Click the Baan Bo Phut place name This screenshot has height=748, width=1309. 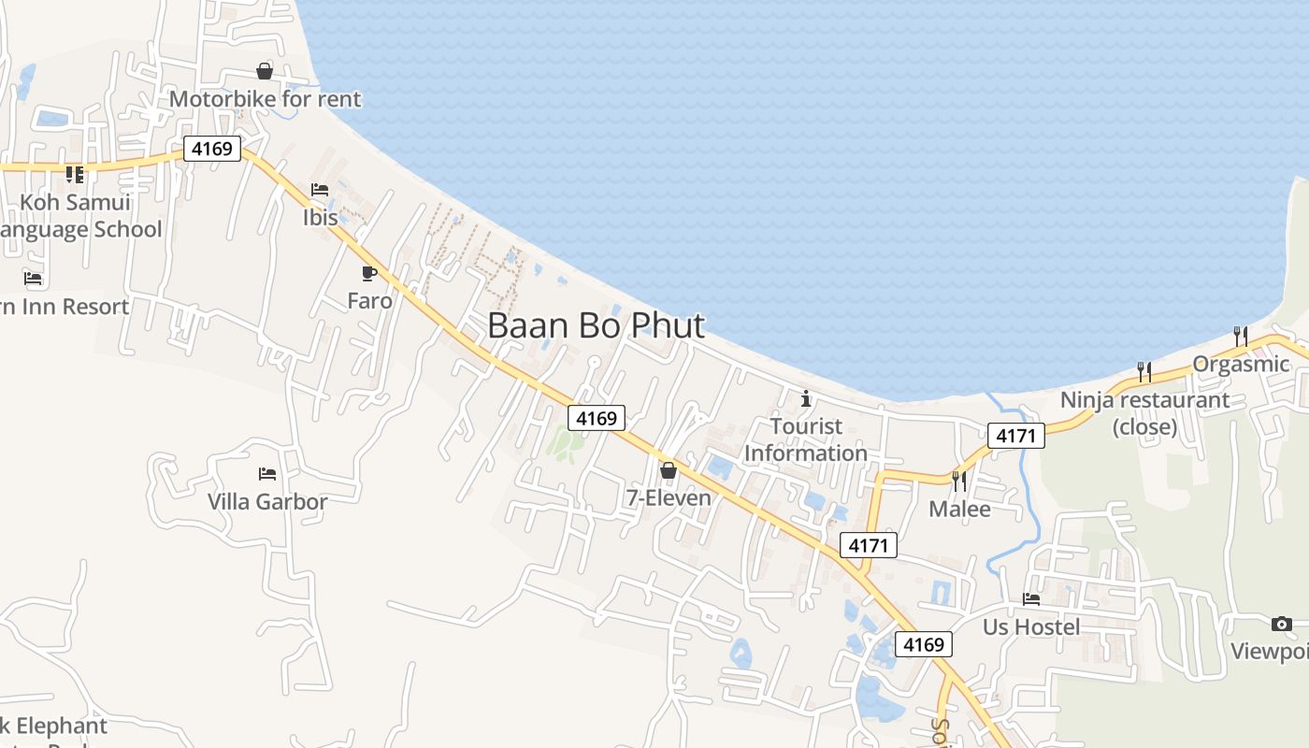[596, 325]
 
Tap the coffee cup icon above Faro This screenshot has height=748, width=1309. [369, 273]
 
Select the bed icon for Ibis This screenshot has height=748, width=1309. [320, 190]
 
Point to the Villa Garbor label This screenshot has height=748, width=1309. [267, 502]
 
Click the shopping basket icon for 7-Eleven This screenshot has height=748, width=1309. [669, 470]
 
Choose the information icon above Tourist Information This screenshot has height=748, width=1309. [806, 399]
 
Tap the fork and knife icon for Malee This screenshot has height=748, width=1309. [959, 482]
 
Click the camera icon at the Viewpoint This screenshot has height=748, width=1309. [1281, 624]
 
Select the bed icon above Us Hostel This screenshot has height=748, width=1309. [1031, 599]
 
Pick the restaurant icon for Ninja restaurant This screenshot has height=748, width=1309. [1144, 372]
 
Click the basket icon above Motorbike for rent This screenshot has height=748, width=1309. [265, 71]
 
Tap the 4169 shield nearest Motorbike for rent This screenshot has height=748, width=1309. [212, 149]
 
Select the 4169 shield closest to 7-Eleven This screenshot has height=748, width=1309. [597, 418]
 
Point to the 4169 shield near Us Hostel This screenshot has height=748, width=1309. [924, 644]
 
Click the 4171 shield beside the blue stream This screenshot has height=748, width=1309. [1015, 435]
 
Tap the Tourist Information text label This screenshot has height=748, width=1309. [806, 439]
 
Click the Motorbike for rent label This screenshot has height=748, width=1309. [265, 99]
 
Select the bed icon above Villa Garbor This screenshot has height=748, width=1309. [267, 474]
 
